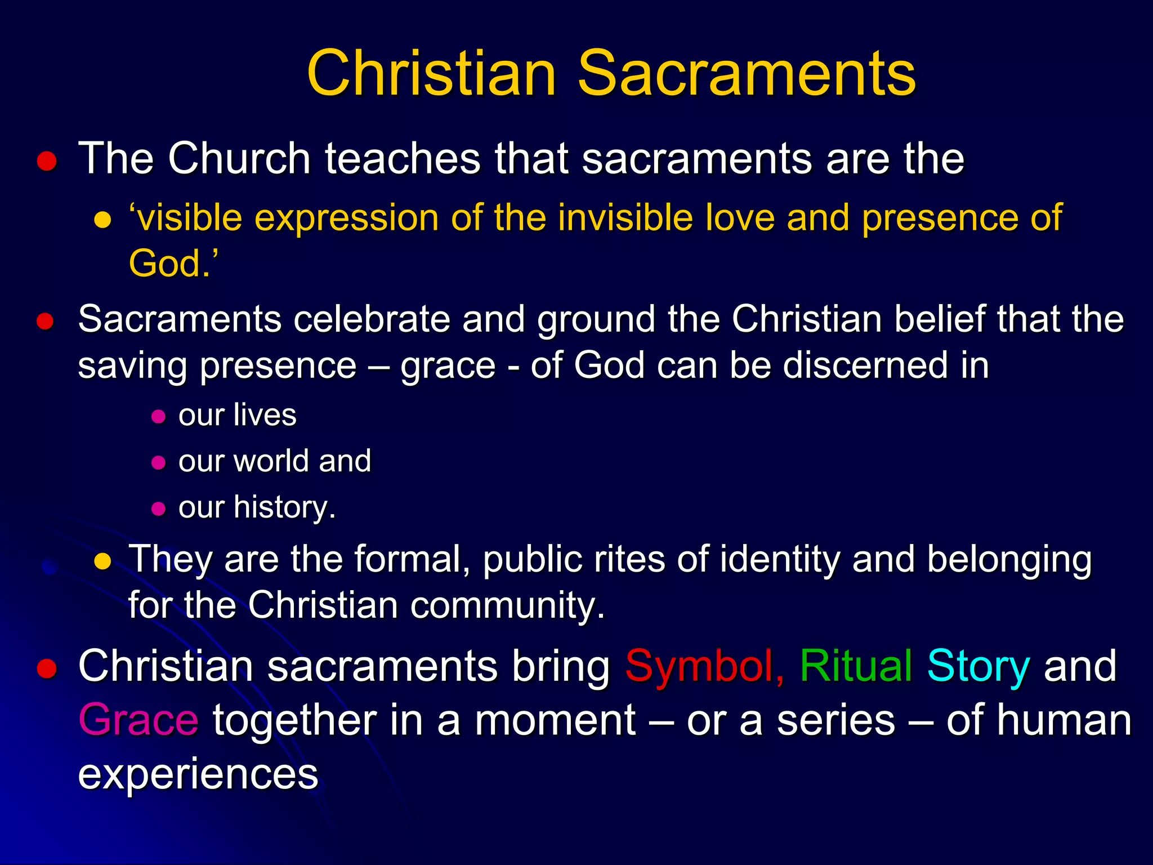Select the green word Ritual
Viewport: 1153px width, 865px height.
pos(856,666)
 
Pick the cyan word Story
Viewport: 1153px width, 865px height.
pos(978,666)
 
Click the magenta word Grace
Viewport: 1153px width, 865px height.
pos(138,720)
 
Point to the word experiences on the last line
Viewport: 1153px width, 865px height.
pos(198,774)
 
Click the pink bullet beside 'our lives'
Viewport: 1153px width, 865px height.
pos(159,417)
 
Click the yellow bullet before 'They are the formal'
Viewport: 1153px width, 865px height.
pos(102,561)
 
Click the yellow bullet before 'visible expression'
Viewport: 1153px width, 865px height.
pos(102,220)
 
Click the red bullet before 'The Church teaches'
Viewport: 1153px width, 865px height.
pos(47,162)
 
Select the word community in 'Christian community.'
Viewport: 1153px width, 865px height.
pos(507,606)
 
